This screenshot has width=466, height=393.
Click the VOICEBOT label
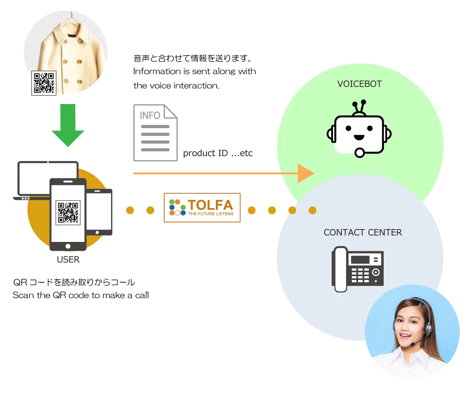[x=359, y=84]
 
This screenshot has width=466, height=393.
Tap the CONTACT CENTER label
[x=362, y=232]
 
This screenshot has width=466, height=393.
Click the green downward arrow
[x=68, y=126]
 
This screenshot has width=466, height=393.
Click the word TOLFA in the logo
[x=210, y=205]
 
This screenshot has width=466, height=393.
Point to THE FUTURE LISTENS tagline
[x=211, y=214]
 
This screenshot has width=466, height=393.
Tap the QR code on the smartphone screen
[x=68, y=212]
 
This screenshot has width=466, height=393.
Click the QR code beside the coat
[x=44, y=83]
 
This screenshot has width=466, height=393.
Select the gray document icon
[x=155, y=132]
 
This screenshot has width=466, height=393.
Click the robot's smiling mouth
[x=359, y=137]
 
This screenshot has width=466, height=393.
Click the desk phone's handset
[x=340, y=269]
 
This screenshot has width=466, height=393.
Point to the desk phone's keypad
[x=360, y=275]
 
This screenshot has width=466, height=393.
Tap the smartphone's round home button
[x=68, y=246]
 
